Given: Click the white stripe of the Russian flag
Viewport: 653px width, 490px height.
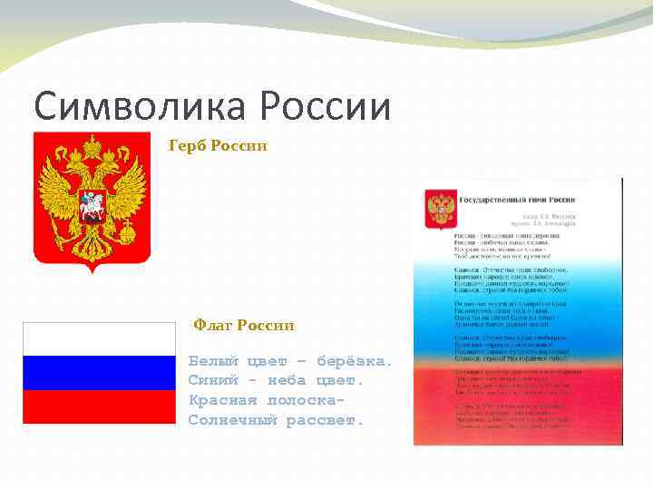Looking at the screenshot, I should [x=99, y=339].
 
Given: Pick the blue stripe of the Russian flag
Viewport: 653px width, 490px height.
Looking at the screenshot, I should [x=99, y=373].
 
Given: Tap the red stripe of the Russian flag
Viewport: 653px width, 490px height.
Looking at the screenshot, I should [x=99, y=407].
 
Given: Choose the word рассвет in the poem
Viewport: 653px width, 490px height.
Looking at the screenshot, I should [x=324, y=420].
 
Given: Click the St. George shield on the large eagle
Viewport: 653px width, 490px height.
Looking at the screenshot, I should [x=92, y=203].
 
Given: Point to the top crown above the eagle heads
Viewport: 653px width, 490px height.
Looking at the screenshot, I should [x=92, y=145].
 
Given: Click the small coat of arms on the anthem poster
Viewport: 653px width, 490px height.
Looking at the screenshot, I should [x=441, y=209].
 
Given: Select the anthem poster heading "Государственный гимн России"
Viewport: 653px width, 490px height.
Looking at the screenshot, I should [x=521, y=197].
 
